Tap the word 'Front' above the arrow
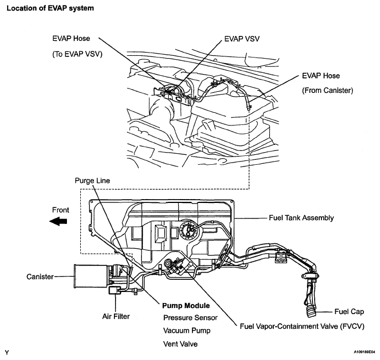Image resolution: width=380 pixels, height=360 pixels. [x=61, y=210]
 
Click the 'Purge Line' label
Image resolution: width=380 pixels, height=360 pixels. [x=92, y=181]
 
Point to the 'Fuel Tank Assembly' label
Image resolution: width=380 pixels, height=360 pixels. [x=302, y=218]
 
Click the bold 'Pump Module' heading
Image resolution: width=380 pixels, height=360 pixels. [x=185, y=306]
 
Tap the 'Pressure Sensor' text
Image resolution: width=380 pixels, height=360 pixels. [x=190, y=318]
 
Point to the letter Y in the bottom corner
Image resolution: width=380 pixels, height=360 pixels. [x=7, y=351]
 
